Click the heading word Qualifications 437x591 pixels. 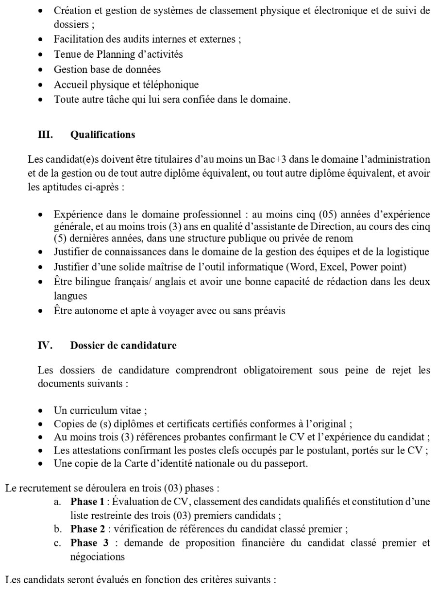coord(102,135)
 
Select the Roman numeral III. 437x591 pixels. coord(45,135)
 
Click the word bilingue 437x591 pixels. coord(87,282)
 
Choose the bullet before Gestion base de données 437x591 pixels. coord(42,70)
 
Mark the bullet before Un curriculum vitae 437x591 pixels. coord(42,411)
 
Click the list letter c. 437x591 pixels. coord(57,543)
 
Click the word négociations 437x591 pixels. coord(97,557)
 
